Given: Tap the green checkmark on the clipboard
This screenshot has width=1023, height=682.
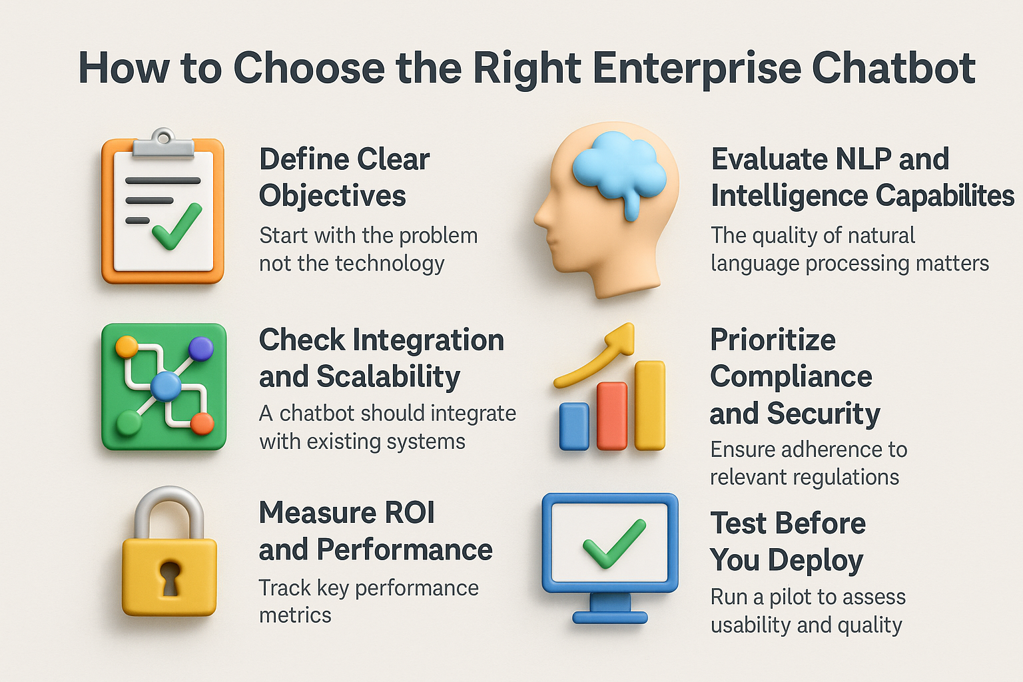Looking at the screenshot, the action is (176, 227).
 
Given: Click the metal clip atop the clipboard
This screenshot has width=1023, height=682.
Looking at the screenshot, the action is (163, 145).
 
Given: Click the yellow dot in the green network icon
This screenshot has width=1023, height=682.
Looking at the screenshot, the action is (127, 347).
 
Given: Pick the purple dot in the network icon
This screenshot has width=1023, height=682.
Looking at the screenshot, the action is (201, 348).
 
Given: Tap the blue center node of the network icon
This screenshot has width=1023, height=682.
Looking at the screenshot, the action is (166, 386).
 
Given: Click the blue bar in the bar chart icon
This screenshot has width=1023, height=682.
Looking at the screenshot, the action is (574, 426).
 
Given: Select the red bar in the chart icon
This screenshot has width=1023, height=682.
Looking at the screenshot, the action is (612, 416).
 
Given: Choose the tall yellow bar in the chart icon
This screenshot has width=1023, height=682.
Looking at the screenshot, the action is (650, 406).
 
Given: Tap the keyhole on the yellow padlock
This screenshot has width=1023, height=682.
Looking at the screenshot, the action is (170, 579).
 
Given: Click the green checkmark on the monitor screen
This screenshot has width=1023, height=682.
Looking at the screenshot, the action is (614, 543).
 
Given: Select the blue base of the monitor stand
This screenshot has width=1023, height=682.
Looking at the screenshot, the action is (610, 617).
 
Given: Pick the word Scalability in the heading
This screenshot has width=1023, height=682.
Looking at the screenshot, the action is (388, 378).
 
